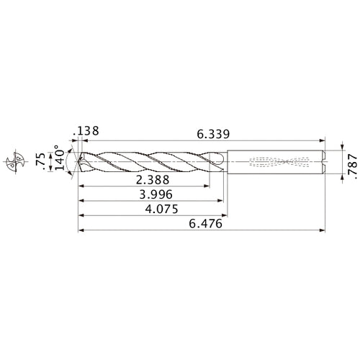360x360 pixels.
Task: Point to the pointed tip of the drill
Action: pos(78,159)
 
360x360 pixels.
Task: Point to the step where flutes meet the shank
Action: pos(227,159)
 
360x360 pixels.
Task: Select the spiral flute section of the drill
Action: pos(151,159)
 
